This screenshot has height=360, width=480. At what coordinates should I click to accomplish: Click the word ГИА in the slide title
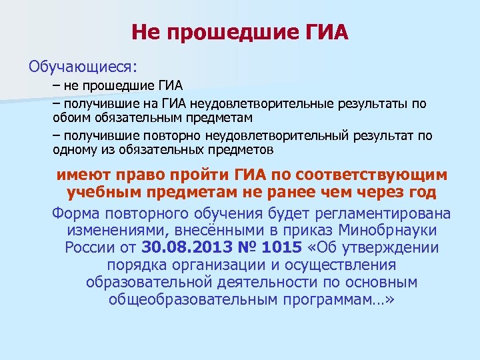(x=325, y=31)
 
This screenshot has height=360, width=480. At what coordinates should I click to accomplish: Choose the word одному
(x=74, y=150)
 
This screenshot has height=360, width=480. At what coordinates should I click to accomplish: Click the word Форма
(x=75, y=213)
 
